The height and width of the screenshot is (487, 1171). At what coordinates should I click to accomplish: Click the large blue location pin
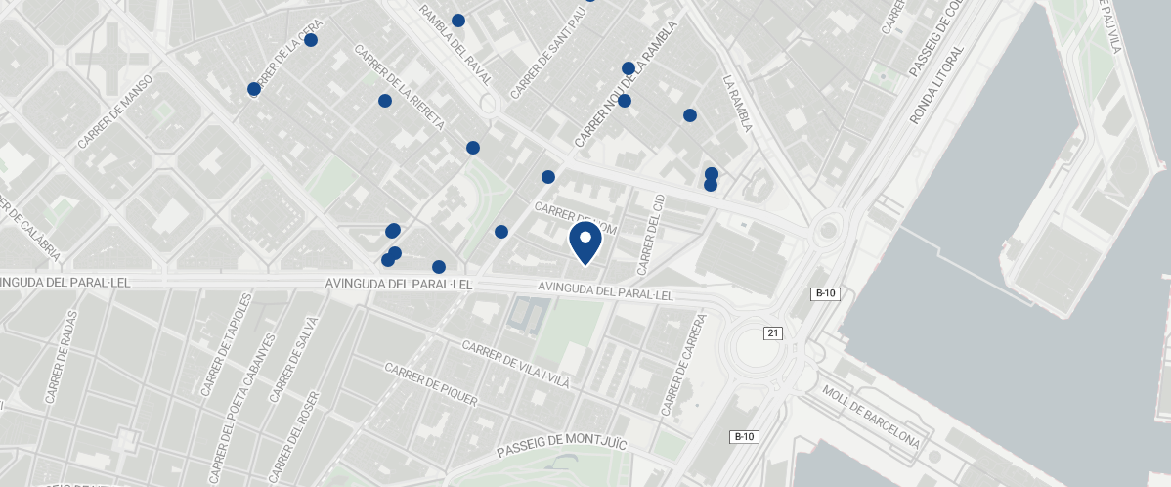(585, 242)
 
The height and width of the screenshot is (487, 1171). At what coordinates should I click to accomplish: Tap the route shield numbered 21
(773, 333)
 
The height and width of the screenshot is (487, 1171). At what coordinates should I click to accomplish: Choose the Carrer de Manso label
(115, 111)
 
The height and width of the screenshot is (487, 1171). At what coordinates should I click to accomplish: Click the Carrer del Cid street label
(650, 234)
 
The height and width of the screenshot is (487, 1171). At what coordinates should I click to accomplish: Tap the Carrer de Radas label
(60, 364)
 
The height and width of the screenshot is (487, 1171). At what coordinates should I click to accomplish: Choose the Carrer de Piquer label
(430, 384)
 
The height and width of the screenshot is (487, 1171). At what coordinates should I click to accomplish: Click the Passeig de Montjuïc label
(560, 437)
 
